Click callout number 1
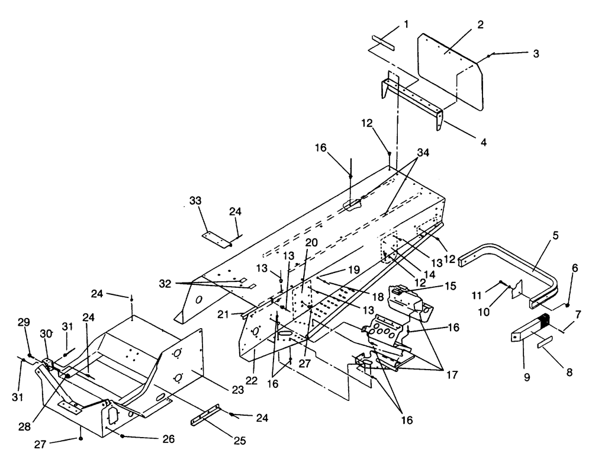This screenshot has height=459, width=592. click(406, 24)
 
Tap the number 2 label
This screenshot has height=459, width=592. click(480, 25)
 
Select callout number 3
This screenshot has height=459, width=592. click(536, 54)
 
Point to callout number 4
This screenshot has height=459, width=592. click(484, 142)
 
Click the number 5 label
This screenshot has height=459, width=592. click(555, 235)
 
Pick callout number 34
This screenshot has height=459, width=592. click(423, 153)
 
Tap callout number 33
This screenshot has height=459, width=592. click(195, 201)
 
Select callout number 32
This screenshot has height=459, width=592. click(165, 283)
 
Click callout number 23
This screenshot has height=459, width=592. click(237, 390)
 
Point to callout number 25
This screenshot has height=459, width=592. click(240, 441)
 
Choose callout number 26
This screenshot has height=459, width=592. click(169, 439)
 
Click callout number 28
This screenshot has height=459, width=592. click(24, 426)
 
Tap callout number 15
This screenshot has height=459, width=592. click(451, 285)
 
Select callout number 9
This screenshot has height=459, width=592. click(527, 377)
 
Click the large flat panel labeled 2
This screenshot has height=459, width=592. click(451, 72)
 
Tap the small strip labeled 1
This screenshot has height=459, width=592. click(383, 43)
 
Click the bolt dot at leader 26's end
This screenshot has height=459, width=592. click(123, 436)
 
